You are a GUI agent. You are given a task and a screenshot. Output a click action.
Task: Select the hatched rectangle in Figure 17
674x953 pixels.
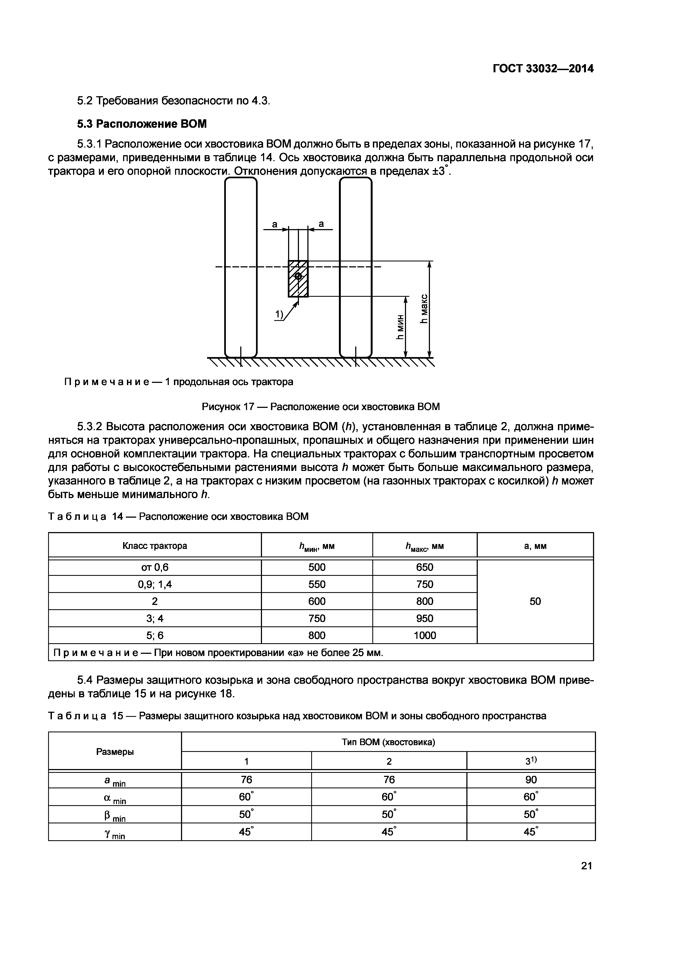[298, 279]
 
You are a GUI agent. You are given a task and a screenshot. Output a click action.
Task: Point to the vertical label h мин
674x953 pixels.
[400, 326]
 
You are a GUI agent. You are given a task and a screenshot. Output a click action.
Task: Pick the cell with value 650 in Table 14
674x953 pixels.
[424, 567]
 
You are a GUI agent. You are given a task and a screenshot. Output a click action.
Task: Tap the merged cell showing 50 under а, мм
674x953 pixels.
[535, 601]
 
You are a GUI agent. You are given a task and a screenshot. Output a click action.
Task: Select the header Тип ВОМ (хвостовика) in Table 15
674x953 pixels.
[388, 742]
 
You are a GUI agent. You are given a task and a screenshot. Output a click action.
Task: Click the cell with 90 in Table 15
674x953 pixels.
[531, 780]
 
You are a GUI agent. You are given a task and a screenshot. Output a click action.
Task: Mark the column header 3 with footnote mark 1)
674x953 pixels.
[531, 761]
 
